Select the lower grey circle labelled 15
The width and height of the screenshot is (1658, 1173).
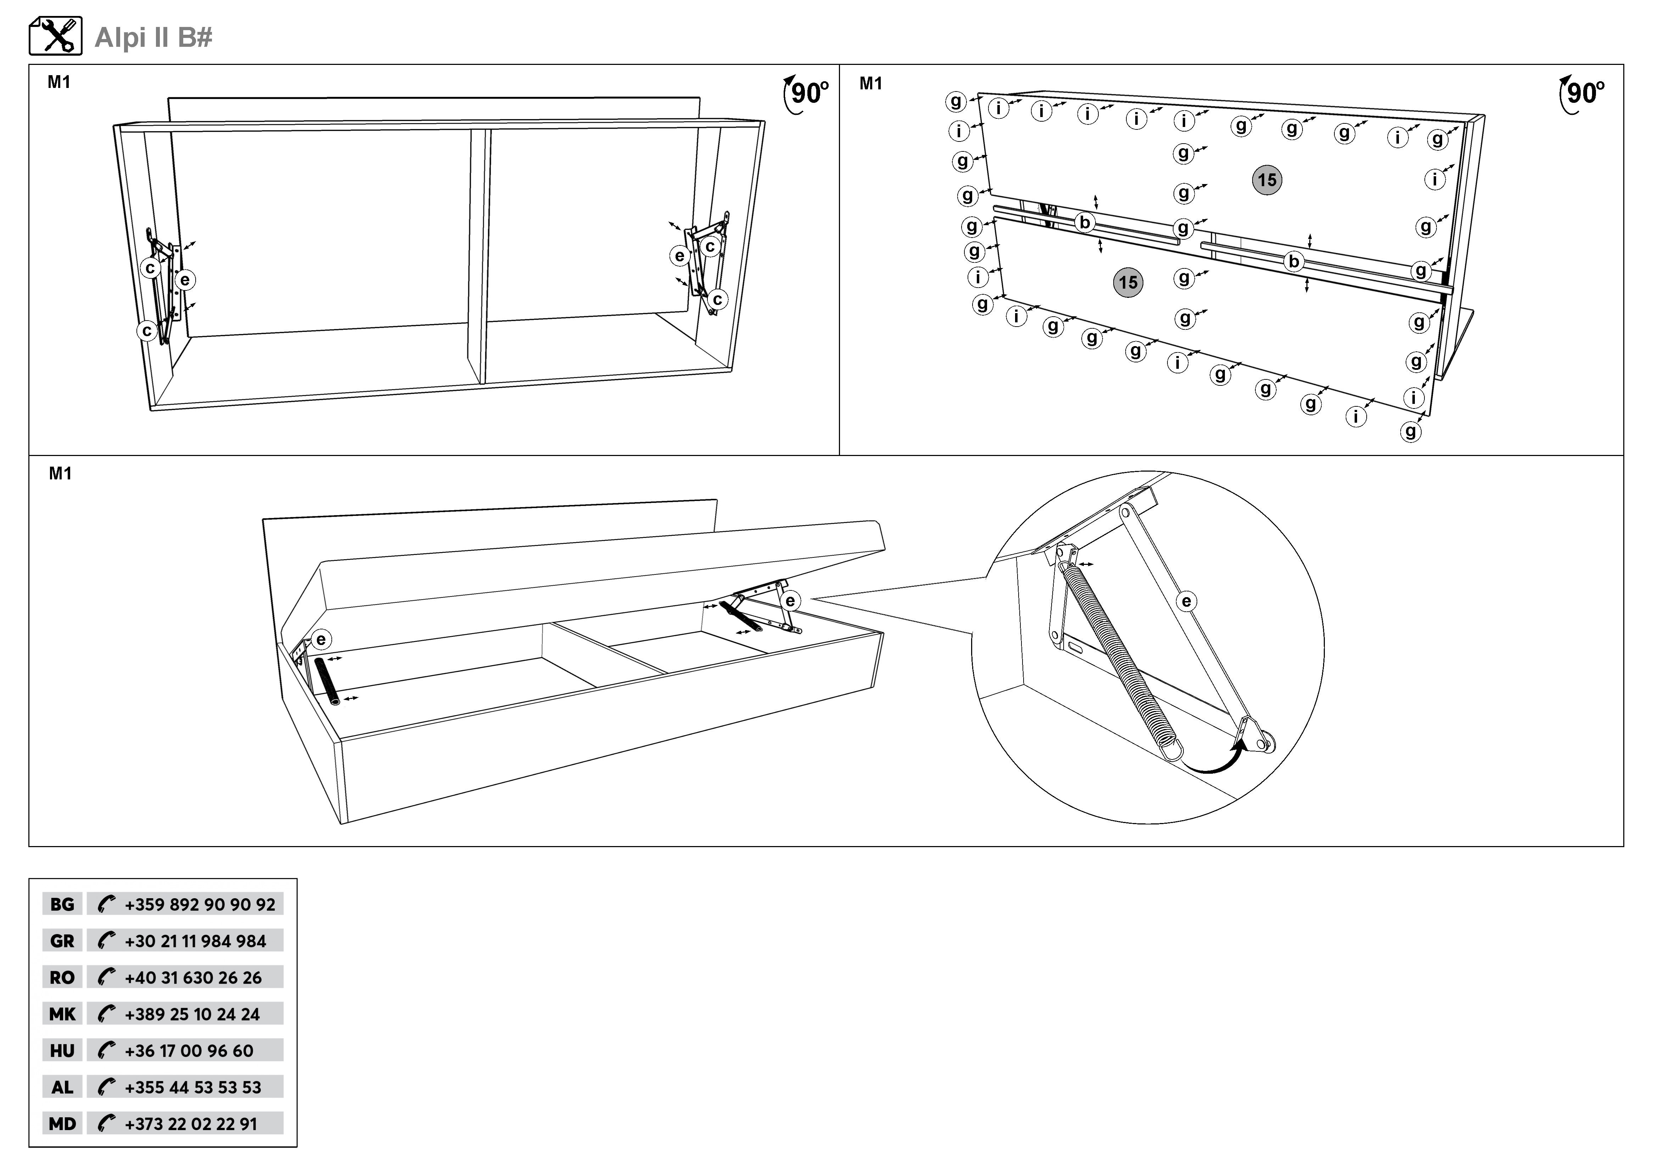(1128, 282)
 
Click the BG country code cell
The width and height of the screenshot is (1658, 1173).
(62, 904)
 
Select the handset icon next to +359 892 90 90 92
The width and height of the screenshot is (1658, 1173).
(106, 904)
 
